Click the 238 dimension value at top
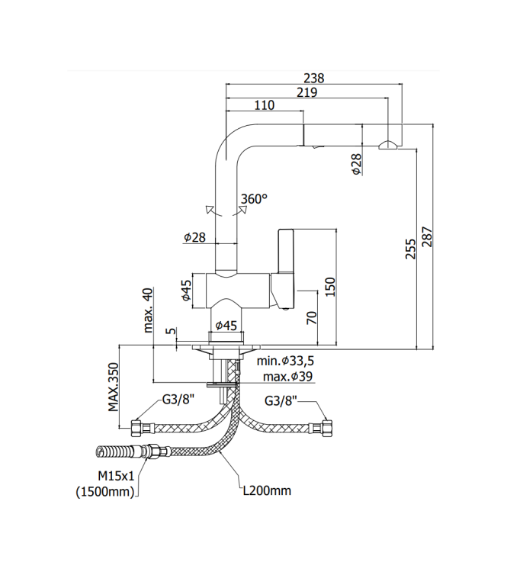314,78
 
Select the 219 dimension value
306,92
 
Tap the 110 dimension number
264,106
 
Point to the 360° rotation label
254,199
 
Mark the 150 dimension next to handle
329,286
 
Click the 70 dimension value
312,318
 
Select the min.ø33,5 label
286,362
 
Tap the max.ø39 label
287,377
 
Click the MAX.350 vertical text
113,387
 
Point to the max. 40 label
148,310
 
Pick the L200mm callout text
267,490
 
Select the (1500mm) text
105,492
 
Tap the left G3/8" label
178,400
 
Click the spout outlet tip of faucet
387,144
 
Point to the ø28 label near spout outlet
357,164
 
